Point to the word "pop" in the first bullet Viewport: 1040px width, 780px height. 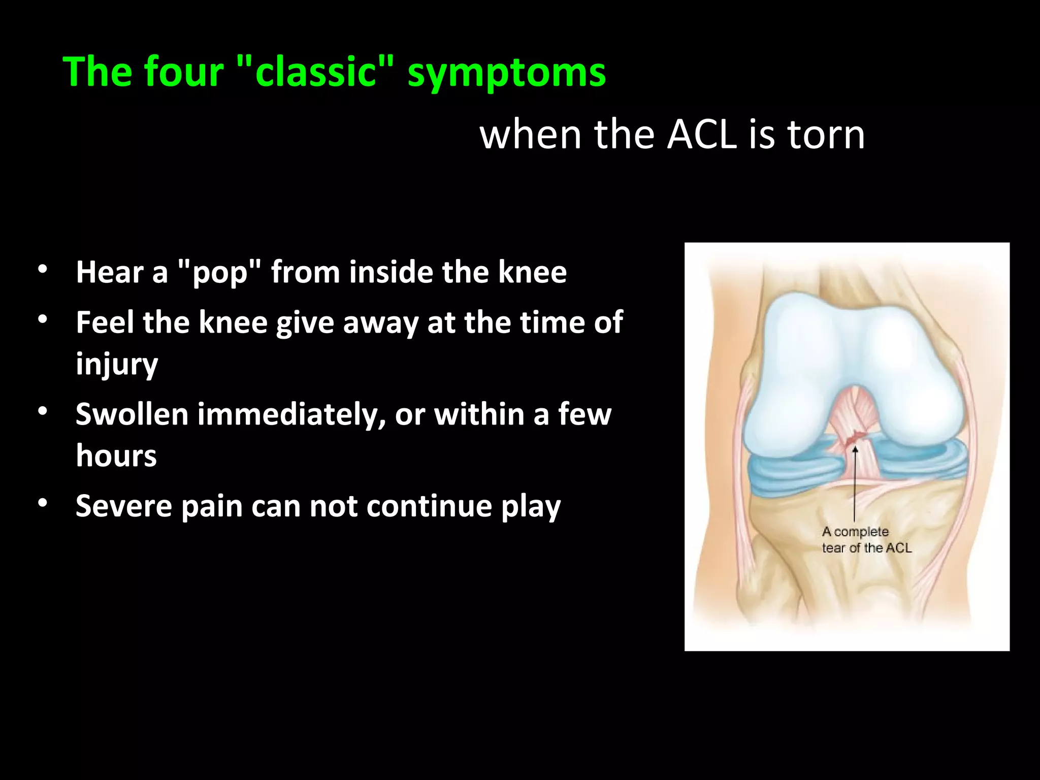coord(220,273)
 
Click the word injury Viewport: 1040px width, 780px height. coord(117,365)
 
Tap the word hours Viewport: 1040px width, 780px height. coord(116,456)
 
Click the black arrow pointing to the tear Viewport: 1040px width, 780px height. coord(855,482)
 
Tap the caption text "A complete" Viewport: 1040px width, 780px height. coord(855,532)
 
